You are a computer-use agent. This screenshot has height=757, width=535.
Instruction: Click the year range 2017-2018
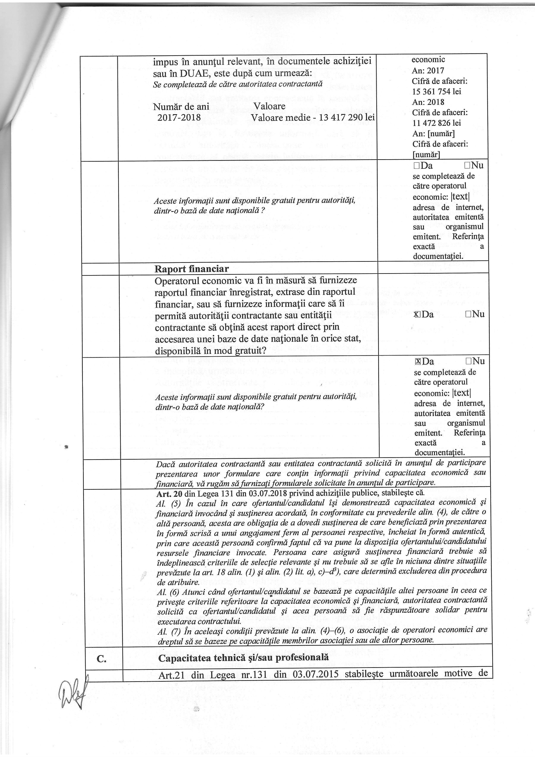pyautogui.click(x=179, y=117)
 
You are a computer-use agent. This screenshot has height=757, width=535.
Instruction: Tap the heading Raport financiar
pyautogui.click(x=192, y=269)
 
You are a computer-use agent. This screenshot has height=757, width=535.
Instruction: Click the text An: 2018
pyautogui.click(x=428, y=102)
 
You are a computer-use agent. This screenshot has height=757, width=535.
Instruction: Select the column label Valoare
pyautogui.click(x=269, y=107)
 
